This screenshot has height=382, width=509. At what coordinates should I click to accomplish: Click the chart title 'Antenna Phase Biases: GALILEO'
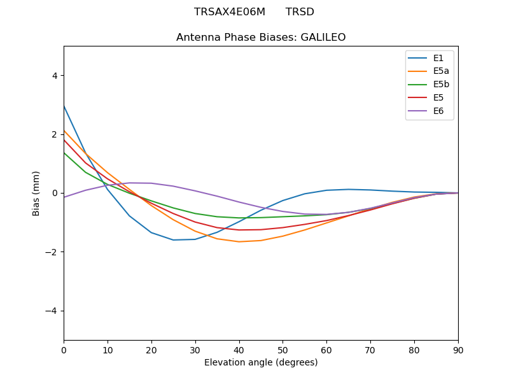(261, 38)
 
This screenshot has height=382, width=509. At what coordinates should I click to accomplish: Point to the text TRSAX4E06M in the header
(230, 12)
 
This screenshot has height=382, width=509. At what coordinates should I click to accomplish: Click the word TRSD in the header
(300, 12)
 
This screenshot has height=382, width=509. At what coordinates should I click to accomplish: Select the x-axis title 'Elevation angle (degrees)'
(261, 363)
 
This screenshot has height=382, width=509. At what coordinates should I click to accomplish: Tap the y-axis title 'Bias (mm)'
(37, 193)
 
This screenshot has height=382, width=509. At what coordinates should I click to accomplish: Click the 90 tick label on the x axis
(458, 350)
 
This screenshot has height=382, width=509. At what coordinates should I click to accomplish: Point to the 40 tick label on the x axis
(239, 350)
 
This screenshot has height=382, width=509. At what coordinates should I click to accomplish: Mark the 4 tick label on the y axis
(55, 76)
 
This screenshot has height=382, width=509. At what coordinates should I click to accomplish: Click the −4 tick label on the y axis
(52, 311)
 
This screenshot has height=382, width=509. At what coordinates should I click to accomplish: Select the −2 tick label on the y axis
(52, 252)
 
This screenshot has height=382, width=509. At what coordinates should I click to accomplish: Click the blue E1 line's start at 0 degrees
(64, 106)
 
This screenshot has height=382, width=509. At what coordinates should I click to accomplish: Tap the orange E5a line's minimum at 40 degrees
(239, 242)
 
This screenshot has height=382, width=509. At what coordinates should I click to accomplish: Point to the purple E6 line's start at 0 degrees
(64, 197)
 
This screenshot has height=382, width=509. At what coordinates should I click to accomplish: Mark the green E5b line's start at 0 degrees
(64, 152)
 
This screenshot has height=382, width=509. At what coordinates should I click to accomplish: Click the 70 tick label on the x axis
(370, 350)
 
